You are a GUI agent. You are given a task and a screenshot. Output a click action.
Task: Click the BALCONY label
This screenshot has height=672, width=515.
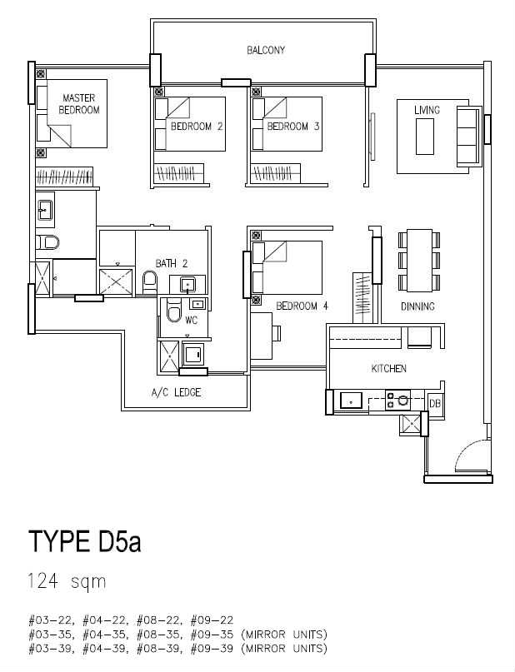266,50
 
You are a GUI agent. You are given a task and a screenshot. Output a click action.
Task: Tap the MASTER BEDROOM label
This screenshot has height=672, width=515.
79,104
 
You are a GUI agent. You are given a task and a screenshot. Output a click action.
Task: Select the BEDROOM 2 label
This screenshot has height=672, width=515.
197,127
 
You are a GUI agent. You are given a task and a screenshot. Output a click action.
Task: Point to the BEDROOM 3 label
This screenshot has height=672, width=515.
293,127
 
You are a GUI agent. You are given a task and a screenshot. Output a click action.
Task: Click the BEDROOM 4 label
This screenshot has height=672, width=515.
302,306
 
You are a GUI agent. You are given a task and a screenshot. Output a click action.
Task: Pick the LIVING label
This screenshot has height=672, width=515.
427,110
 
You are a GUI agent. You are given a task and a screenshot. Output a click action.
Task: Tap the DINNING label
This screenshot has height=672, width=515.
417,306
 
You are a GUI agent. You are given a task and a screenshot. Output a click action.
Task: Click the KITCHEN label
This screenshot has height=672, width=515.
389,369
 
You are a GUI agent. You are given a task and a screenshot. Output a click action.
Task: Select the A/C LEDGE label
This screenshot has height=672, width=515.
176,392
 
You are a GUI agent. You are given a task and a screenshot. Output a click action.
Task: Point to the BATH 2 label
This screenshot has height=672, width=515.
172,264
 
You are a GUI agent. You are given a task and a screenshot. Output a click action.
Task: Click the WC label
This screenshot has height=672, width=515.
191,320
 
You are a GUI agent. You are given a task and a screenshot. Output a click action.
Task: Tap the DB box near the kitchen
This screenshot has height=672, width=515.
434,403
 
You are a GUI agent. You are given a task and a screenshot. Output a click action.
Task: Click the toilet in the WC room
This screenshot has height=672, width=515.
174,311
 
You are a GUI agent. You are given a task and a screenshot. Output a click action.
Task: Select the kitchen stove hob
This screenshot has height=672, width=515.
397,401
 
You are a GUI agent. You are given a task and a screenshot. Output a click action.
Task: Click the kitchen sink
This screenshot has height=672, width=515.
351,401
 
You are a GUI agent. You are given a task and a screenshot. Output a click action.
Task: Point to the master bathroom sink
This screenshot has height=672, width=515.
44,210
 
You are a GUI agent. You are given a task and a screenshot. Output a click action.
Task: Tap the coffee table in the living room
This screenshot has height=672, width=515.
424,137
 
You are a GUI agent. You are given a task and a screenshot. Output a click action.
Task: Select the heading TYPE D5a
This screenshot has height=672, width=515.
84,542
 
